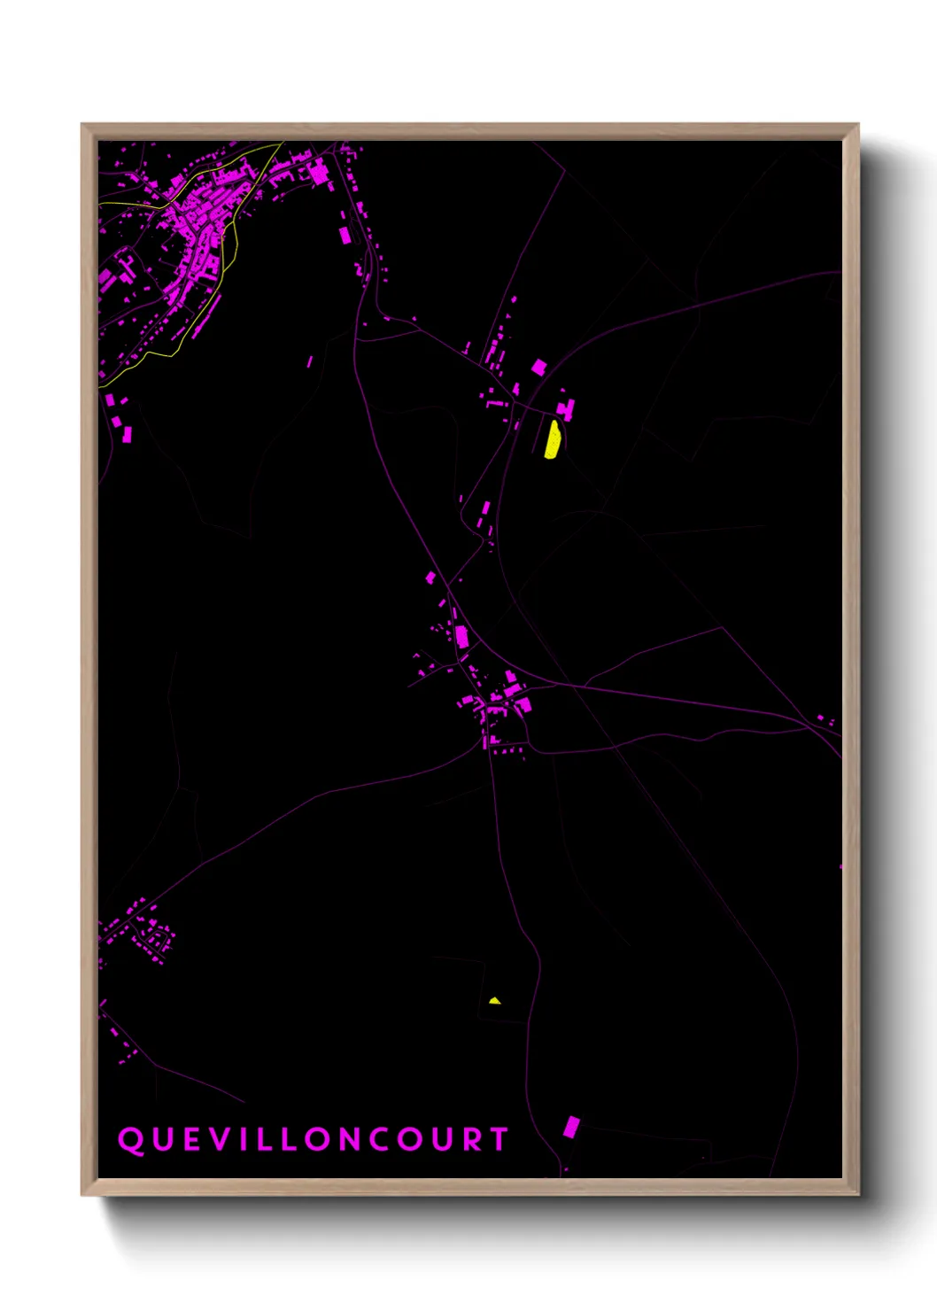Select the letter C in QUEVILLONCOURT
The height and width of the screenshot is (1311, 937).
coord(378,1139)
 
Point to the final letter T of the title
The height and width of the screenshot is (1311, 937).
coord(501,1139)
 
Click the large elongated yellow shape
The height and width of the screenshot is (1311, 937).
coord(552,439)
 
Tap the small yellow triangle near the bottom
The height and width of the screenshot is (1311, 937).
coord(494,1001)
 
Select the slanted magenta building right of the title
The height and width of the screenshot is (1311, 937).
coord(572,1127)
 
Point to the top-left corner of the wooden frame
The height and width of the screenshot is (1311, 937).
coord(83,126)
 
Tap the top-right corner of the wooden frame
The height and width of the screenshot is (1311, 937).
coord(857,126)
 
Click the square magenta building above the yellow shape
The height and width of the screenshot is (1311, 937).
coord(538,368)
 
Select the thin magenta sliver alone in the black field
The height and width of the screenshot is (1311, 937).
coord(310,361)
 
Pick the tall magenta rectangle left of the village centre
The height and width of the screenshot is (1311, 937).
coord(461,634)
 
